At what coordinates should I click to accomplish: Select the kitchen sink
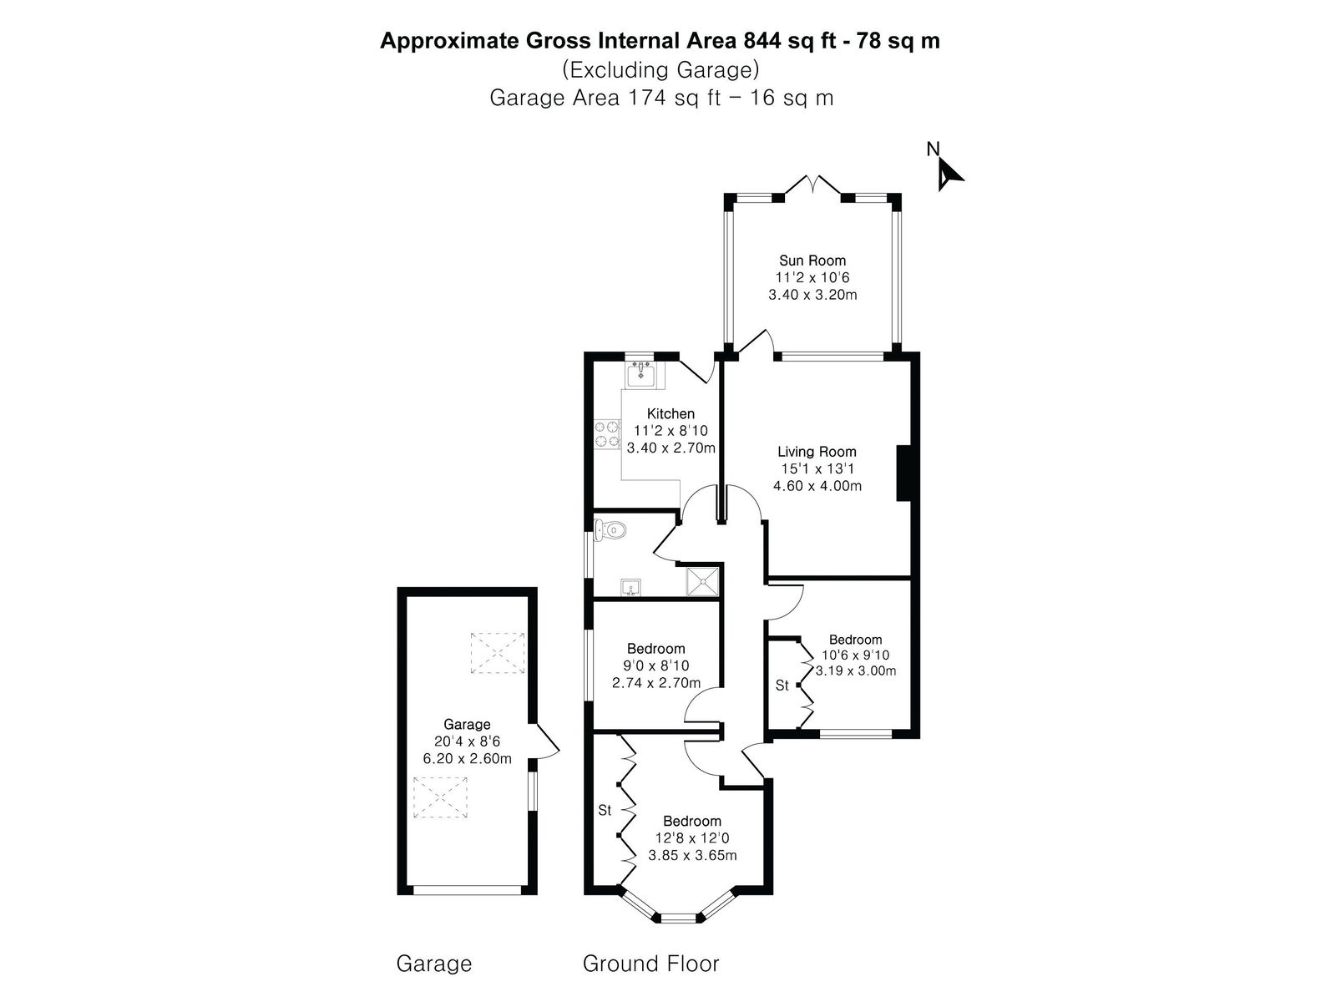(640, 374)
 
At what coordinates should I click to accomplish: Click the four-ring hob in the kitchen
(607, 433)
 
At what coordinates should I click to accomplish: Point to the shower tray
(703, 582)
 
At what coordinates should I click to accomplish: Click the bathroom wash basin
(632, 588)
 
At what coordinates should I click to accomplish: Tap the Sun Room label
(812, 261)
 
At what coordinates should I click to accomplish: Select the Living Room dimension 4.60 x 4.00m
(817, 486)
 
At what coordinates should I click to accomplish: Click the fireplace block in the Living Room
(903, 473)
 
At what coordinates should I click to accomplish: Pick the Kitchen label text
(671, 413)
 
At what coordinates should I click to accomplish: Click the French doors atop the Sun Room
(812, 185)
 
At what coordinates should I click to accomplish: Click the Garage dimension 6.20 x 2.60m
(468, 759)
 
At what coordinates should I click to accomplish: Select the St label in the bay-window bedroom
(605, 810)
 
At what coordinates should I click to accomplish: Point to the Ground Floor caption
(651, 964)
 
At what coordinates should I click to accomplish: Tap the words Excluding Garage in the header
(661, 70)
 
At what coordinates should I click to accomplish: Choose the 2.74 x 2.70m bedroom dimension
(656, 683)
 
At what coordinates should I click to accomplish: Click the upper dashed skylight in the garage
(498, 653)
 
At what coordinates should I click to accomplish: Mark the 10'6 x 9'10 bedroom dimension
(855, 655)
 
